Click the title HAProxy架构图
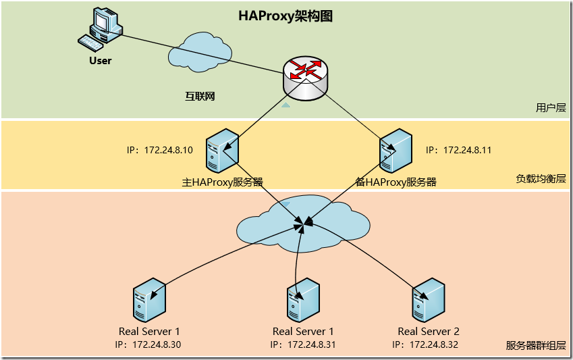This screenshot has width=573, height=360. (x=285, y=17)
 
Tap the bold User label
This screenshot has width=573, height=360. (x=100, y=61)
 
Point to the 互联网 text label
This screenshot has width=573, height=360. (x=200, y=97)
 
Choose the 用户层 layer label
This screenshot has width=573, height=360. (x=550, y=107)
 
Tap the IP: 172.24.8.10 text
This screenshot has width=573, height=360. (x=160, y=150)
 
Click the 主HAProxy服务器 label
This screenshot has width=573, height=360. (x=222, y=182)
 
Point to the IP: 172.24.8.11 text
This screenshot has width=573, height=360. (x=458, y=150)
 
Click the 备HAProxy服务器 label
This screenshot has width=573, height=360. (x=395, y=182)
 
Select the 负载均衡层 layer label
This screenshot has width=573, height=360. (x=541, y=179)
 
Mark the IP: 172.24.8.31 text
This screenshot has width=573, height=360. (x=303, y=344)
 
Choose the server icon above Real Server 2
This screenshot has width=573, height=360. (x=428, y=299)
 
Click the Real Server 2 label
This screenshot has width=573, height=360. (x=429, y=331)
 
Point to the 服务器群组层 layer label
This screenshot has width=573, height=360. (x=536, y=345)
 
